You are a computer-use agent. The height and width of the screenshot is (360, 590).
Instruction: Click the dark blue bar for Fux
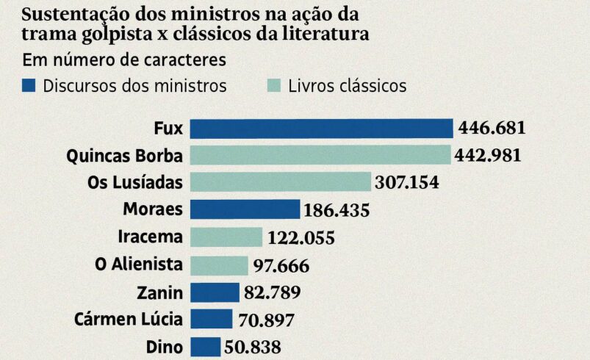[x=322, y=129]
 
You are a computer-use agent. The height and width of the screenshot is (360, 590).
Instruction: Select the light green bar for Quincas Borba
[x=320, y=155]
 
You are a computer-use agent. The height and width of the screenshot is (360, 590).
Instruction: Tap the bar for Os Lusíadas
[x=281, y=182]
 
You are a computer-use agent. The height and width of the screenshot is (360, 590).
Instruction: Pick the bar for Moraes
[x=245, y=209]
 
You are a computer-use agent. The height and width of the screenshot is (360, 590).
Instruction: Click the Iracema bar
[x=226, y=237]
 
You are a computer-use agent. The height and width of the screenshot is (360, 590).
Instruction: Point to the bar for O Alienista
[x=220, y=265]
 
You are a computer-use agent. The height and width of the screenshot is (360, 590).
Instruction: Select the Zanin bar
[x=215, y=292]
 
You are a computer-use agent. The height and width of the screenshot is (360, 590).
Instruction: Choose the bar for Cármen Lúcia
[x=212, y=320]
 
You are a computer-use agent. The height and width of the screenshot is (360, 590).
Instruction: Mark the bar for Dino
[x=206, y=347]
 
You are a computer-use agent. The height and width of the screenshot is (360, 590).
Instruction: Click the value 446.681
[x=492, y=129]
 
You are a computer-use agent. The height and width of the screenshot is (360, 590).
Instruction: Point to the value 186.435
[x=336, y=211]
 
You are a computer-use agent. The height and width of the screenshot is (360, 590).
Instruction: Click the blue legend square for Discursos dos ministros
[x=29, y=85]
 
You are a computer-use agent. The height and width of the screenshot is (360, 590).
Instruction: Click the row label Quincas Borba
[x=124, y=156]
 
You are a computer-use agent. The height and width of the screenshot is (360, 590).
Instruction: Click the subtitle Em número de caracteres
[x=124, y=60]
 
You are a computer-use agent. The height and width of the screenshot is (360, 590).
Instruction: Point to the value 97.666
[x=281, y=266]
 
